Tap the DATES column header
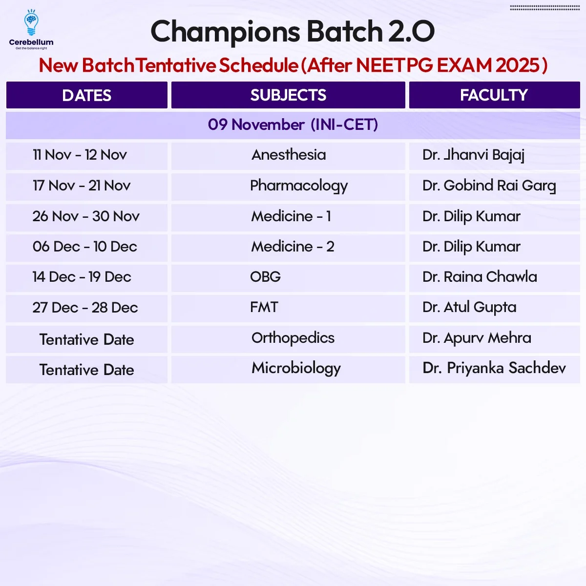pos(86,95)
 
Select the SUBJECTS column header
pos(288,95)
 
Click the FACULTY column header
pos(495,95)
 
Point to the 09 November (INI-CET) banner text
pos(293,125)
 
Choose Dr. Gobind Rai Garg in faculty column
pos(489,186)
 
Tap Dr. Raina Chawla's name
pos(480,277)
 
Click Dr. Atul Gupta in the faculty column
pos(469,308)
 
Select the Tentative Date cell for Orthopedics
pos(86,339)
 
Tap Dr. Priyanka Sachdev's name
pos(494,369)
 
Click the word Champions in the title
pos(225,32)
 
